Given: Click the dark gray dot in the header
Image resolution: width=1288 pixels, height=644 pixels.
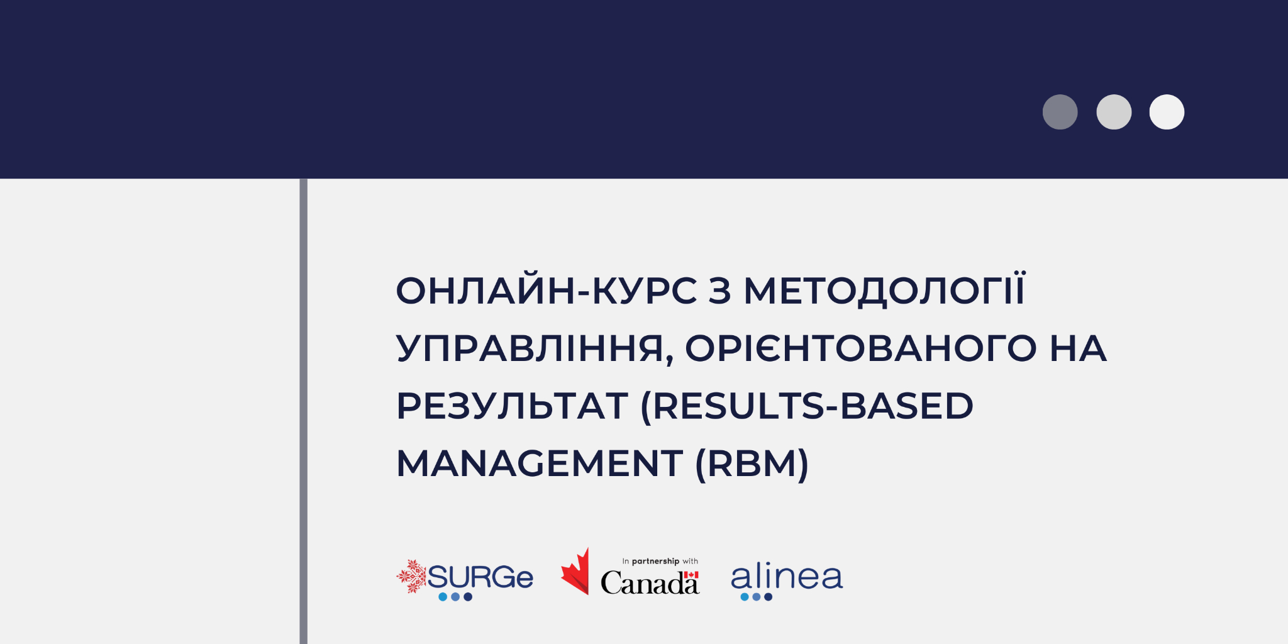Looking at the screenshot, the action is pos(1060,112).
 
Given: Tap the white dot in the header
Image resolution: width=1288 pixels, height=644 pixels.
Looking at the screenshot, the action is pos(1167,112).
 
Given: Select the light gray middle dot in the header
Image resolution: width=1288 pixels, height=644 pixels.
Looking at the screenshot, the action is pos(1114,112).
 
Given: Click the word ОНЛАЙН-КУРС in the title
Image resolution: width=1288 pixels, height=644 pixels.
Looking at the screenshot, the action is pos(547,291).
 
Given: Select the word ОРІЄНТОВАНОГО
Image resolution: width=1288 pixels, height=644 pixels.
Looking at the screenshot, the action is pos(861,348).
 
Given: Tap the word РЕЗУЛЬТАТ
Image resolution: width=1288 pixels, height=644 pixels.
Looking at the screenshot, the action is pos(512,406).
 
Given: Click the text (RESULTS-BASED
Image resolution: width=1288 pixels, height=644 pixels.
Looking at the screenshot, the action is pos(806,406).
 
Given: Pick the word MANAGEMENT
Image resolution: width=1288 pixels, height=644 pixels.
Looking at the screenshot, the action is pos(540,464).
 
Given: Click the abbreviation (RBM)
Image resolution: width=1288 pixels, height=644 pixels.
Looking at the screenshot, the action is pos(752,464).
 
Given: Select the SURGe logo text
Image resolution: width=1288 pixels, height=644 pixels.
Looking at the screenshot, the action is pos(480,577).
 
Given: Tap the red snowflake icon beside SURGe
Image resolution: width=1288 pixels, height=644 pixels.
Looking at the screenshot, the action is pos(412,576).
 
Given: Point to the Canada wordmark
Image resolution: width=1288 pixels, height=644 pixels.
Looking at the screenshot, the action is pos(650,582).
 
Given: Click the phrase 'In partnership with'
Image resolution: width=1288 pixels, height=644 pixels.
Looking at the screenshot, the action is pos(660,561).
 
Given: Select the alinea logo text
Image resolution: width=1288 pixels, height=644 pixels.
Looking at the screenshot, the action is pos(787,576).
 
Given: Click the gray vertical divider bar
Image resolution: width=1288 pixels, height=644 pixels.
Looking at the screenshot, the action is pos(304,411).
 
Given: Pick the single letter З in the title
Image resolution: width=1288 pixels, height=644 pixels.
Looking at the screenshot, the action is pos(720,291).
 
